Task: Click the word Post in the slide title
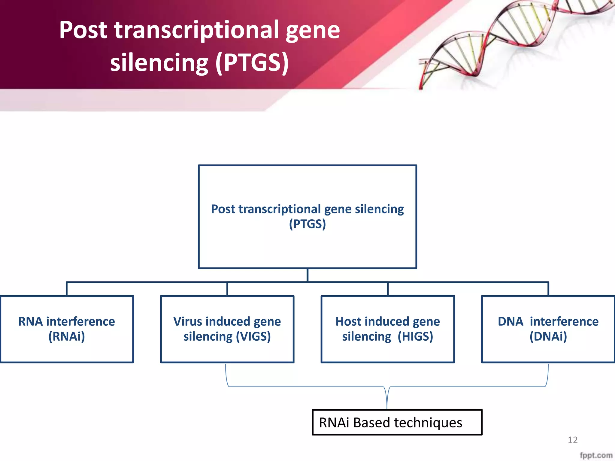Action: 83,30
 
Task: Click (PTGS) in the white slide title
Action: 252,63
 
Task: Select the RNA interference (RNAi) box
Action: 67,329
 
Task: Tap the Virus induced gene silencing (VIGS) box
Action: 227,329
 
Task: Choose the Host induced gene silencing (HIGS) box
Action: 387,329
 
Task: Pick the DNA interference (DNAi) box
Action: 548,329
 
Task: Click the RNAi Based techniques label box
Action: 397,422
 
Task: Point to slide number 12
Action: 572,440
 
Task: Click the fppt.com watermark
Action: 596,455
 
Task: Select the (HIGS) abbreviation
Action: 415,336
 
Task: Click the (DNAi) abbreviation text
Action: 548,336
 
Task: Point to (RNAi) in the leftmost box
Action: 67,336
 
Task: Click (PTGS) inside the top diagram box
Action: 307,224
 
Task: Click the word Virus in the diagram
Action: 187,321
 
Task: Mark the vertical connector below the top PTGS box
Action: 307,275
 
